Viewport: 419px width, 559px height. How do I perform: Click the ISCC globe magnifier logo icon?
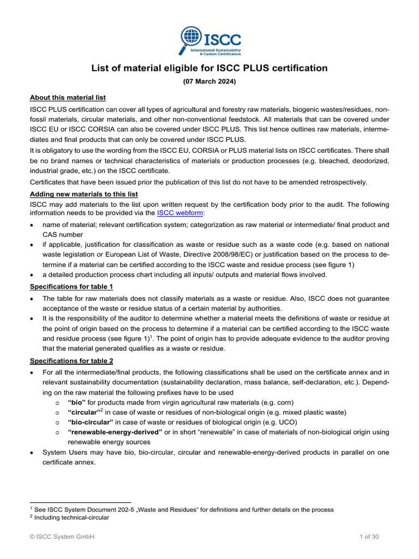(x=190, y=38)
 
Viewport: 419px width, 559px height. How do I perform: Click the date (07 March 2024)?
(x=209, y=82)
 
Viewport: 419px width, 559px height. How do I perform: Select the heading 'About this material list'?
(x=68, y=98)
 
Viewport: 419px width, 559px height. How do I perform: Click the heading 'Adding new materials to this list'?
(x=83, y=195)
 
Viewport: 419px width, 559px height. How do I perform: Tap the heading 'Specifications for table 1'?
(x=72, y=286)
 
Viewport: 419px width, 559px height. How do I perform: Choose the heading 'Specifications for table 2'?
(x=72, y=360)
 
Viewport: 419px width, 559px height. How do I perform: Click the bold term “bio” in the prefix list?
(x=76, y=402)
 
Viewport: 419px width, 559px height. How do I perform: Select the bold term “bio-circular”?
(x=90, y=422)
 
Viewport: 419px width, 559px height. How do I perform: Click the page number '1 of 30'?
(x=369, y=537)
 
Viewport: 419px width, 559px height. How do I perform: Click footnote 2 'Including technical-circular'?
(x=71, y=518)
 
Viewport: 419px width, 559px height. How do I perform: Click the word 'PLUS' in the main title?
(x=257, y=68)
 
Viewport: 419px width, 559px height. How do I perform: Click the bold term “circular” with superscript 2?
(x=83, y=412)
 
